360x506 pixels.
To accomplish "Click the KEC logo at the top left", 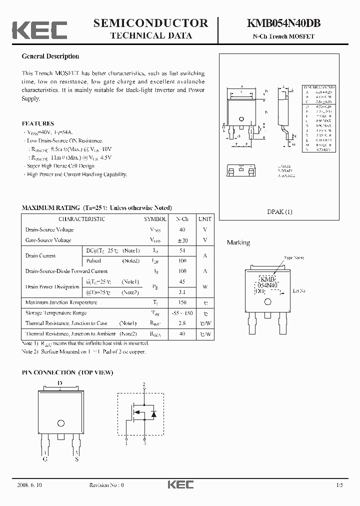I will click(39, 29).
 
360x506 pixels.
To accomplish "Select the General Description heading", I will click(50, 56).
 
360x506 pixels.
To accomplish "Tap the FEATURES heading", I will click(38, 123).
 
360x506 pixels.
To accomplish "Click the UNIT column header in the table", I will click(204, 219).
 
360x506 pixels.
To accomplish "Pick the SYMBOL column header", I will click(155, 219).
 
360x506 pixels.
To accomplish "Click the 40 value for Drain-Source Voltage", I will click(182, 230).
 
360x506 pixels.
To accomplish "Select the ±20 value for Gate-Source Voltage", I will click(182, 240).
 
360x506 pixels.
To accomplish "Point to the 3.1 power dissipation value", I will click(182, 292).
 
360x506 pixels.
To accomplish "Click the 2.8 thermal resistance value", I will click(182, 323).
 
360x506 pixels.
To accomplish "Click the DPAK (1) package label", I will click(280, 211).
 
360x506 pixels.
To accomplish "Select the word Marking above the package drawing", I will click(238, 242).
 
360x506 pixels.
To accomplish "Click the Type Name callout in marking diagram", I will click(294, 258).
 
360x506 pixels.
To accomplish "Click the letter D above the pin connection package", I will click(60, 383).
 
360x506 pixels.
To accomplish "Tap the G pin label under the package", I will click(45, 459).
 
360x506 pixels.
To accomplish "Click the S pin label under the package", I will click(76, 459).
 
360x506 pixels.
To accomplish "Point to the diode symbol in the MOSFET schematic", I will click(154, 413).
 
